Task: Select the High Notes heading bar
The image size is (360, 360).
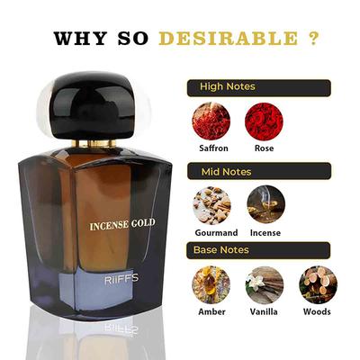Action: coord(258,87)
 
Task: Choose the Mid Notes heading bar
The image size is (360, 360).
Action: coord(258,169)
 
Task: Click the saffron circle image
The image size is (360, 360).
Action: coord(211,121)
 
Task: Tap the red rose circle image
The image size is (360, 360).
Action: coord(265,121)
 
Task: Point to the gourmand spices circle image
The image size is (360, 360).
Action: coord(211,204)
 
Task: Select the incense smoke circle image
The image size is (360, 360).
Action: coord(265,204)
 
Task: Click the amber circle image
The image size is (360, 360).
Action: coord(211,283)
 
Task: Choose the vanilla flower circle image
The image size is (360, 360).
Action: coord(265,283)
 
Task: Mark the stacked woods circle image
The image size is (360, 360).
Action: coord(318,283)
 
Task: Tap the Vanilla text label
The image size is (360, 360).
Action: coord(265,311)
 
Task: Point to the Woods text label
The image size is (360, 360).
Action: coord(318,311)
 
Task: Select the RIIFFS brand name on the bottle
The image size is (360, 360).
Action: coord(120,292)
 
